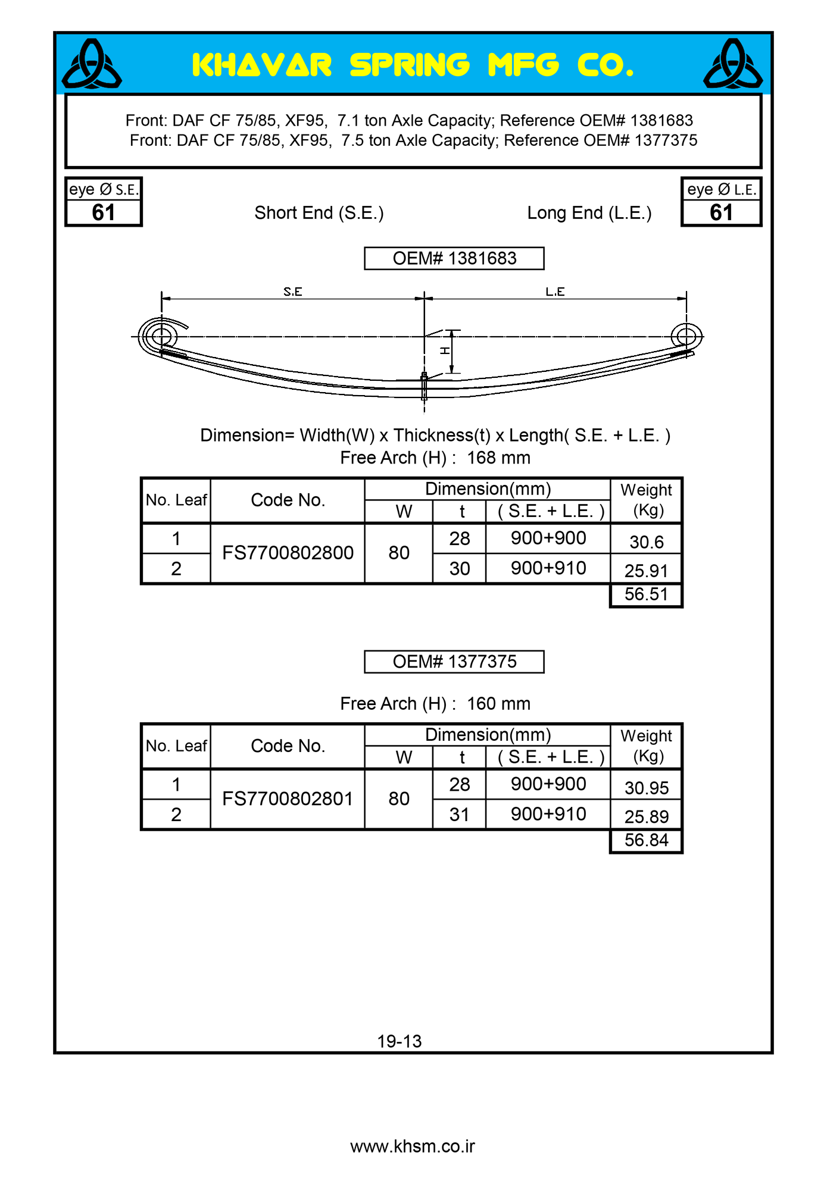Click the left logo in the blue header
tap(92, 64)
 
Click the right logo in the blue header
tap(733, 64)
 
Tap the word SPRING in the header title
tap(410, 65)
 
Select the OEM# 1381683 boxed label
tap(454, 258)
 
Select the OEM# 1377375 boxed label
tap(454, 662)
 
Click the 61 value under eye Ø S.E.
tap(103, 212)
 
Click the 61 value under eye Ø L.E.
tap(721, 212)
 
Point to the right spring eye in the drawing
tap(686, 336)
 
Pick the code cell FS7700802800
tap(288, 553)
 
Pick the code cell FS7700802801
tap(288, 798)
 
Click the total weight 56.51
tap(646, 594)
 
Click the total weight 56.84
tap(646, 840)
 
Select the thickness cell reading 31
tap(459, 814)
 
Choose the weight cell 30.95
tap(646, 788)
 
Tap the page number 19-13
tap(399, 1041)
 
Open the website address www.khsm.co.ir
tap(413, 1147)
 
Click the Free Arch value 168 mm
tap(498, 458)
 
